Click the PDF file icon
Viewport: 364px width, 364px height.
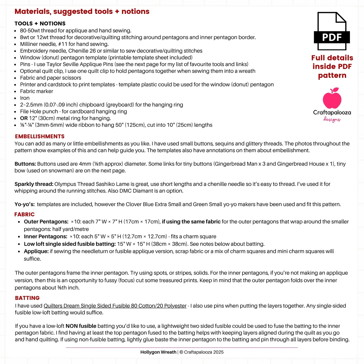[x=332, y=31]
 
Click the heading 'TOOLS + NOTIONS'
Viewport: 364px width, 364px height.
[x=40, y=24]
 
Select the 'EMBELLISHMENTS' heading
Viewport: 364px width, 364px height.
[x=40, y=137]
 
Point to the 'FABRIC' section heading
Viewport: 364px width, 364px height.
[x=24, y=214]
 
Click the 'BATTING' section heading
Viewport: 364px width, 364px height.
[x=27, y=298]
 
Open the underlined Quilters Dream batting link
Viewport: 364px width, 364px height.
[x=115, y=306]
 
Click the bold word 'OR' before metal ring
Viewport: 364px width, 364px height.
[x=24, y=118]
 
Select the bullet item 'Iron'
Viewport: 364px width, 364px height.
[x=25, y=98]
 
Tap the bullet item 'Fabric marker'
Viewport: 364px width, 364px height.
[x=37, y=91]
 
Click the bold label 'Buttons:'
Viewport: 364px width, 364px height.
[x=25, y=164]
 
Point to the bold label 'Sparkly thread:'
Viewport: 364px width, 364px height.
[x=34, y=184]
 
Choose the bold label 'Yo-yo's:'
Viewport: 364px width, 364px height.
[x=25, y=204]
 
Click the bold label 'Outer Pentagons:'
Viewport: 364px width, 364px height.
[x=46, y=222]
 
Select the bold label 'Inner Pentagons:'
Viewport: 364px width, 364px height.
[x=46, y=237]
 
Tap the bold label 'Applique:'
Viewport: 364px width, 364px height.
[x=36, y=251]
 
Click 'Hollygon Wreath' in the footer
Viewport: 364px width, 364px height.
[x=158, y=352]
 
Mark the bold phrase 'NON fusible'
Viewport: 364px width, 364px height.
[x=81, y=326]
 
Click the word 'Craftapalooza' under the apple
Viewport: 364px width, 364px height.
[x=332, y=113]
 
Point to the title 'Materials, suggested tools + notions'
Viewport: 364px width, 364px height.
[x=82, y=12]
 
